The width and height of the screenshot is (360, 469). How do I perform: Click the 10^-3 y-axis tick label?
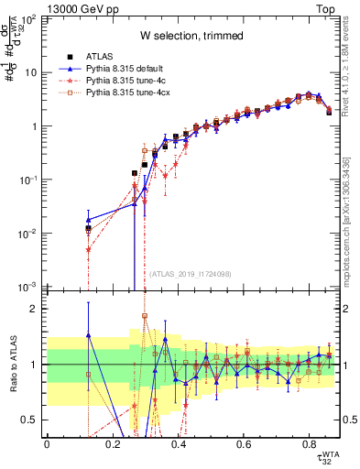(29, 288)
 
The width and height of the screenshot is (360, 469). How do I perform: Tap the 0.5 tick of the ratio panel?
(32, 420)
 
